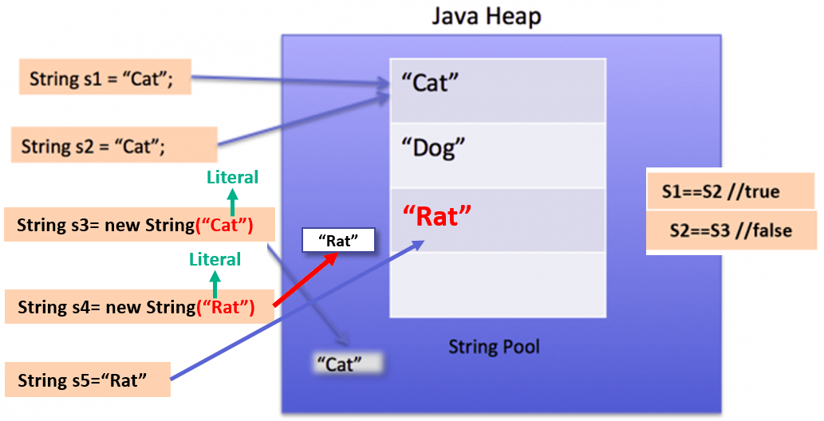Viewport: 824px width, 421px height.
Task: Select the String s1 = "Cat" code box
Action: [105, 77]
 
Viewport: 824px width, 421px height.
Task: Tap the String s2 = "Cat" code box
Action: [114, 145]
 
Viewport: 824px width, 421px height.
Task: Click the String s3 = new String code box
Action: [140, 225]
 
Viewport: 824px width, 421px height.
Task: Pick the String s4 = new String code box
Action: [140, 307]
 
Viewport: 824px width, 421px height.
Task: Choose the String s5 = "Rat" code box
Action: [88, 380]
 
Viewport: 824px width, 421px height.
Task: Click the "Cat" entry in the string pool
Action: [498, 90]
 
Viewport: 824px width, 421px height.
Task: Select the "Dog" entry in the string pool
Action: [498, 155]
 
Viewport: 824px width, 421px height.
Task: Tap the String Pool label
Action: [494, 347]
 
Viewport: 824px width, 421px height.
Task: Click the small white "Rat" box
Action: [338, 241]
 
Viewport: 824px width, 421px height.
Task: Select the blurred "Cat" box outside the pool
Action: [345, 364]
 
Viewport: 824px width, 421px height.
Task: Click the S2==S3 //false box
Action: [731, 231]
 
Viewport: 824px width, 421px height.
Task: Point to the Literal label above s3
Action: [233, 177]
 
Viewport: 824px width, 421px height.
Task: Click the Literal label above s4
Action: [215, 259]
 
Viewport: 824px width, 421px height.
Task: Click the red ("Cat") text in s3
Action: [224, 225]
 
